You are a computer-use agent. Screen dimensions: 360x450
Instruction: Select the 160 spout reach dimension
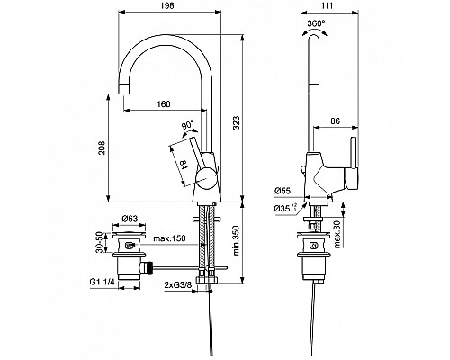[163, 103]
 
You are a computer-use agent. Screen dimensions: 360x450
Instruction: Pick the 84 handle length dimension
[182, 164]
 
